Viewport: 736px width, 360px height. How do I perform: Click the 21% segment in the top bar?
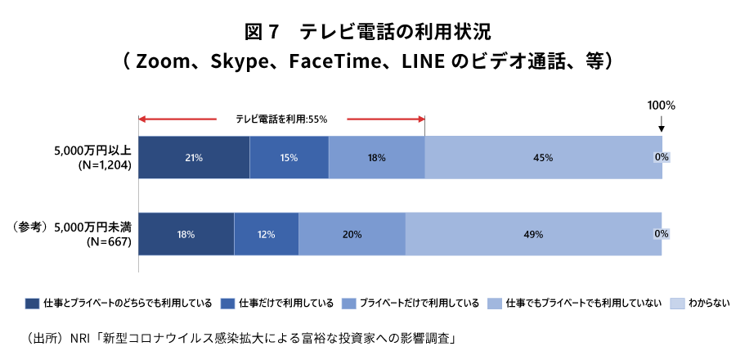coord(194,157)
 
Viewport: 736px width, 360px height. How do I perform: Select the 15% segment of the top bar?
coord(289,157)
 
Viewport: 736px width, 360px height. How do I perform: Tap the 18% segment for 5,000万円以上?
coord(376,157)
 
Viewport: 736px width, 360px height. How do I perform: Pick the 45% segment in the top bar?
coord(544,157)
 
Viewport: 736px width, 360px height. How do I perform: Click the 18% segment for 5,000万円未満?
coord(186,235)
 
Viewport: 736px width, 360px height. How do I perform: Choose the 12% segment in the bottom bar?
coord(266,235)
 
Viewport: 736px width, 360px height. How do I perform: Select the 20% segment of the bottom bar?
coord(352,235)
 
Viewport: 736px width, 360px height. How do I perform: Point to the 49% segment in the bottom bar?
coord(533,235)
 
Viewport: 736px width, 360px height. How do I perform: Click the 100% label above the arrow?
coord(661,106)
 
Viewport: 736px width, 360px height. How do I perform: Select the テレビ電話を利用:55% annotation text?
coord(281,119)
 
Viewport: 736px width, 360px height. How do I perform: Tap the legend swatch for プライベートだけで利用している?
coord(348,304)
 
